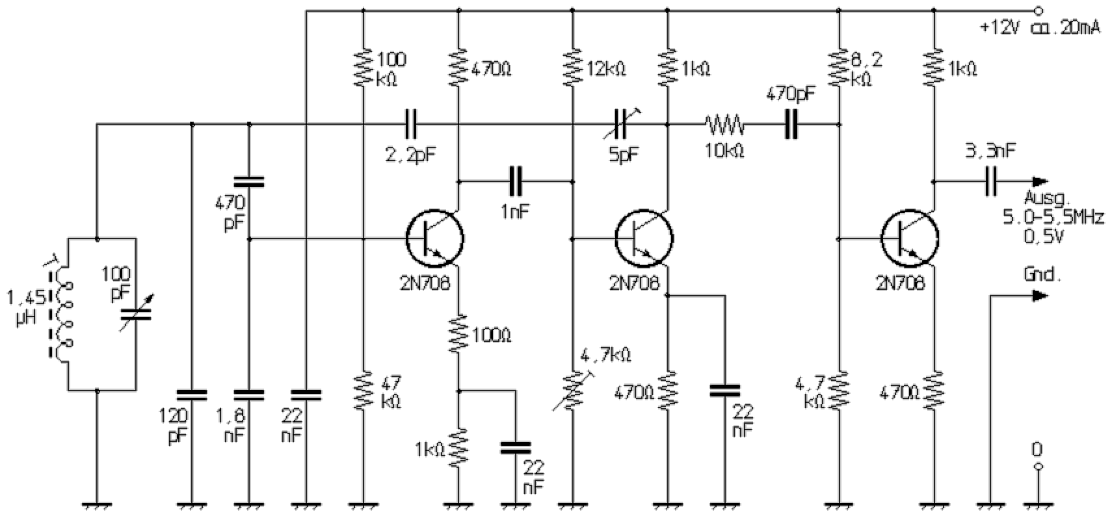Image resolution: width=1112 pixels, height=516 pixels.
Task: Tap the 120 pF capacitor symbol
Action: click(x=192, y=394)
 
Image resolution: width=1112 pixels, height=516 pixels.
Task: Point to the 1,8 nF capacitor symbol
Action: click(x=249, y=394)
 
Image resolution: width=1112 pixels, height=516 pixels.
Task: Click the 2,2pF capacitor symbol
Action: click(x=411, y=124)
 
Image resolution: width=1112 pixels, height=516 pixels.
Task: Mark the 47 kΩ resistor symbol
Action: click(x=363, y=390)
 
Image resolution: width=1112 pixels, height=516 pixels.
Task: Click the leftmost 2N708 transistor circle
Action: click(x=435, y=239)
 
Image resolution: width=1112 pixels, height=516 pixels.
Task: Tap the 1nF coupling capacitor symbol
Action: click(x=516, y=181)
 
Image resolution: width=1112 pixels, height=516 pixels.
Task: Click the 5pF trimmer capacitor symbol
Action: click(x=620, y=124)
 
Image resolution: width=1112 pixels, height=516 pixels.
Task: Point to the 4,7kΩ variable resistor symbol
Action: click(x=572, y=390)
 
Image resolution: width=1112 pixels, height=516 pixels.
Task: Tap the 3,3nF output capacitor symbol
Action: click(x=991, y=181)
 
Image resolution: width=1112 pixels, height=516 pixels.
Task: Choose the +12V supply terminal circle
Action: click(x=1039, y=10)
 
